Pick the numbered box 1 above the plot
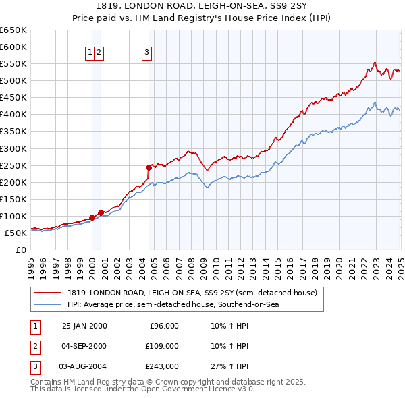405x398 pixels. point(90,52)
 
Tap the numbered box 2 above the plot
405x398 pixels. point(99,52)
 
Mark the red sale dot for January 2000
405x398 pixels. point(92,217)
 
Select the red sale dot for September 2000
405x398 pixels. point(101,212)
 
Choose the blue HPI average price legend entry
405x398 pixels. point(173,304)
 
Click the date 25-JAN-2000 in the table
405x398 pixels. point(84,326)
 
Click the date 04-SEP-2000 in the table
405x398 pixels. point(84,346)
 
